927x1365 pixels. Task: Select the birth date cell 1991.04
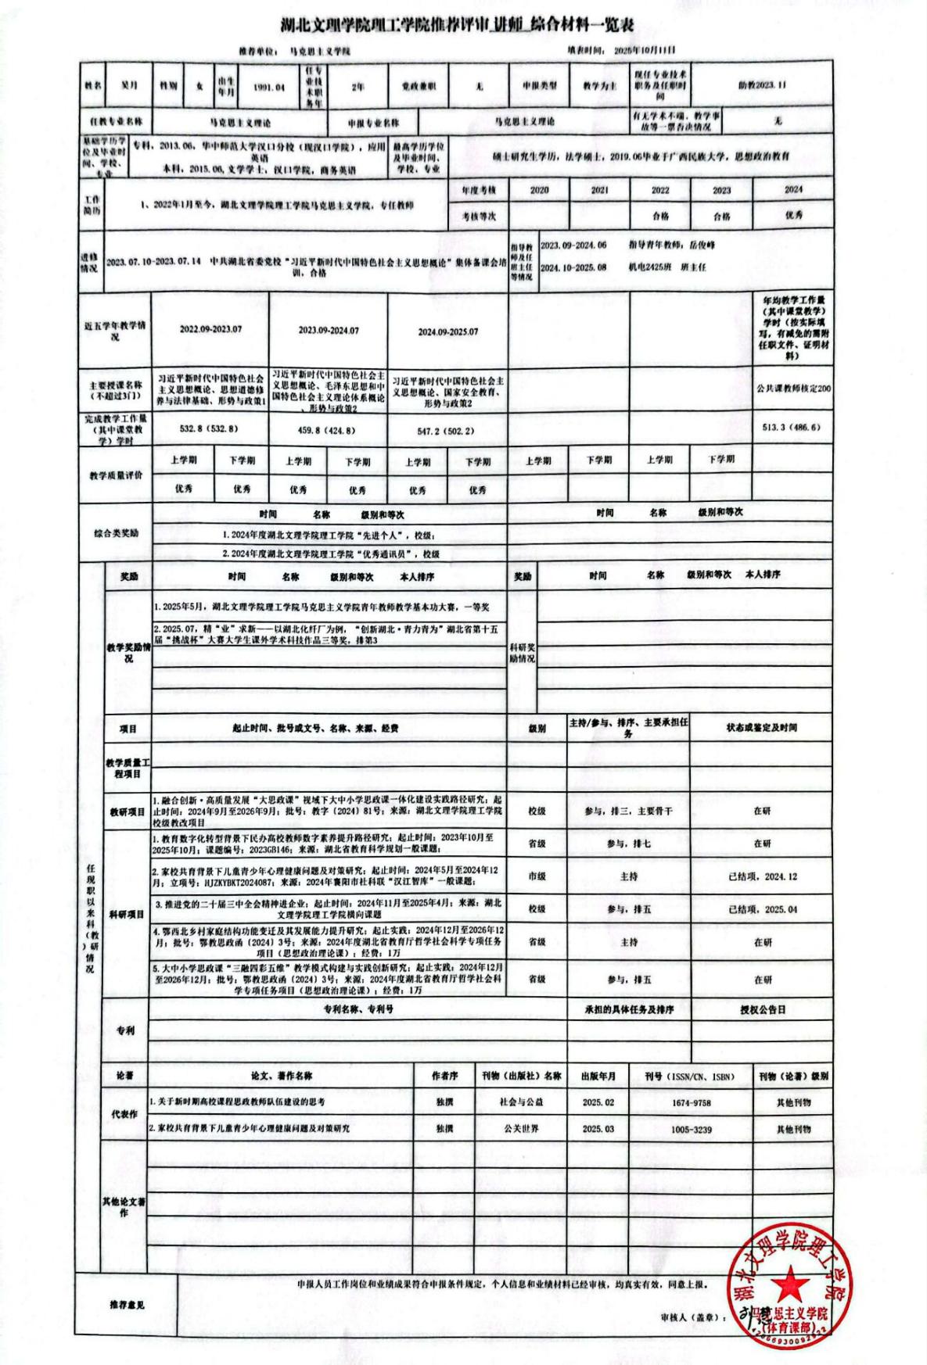point(268,87)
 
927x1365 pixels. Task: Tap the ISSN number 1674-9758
point(691,1102)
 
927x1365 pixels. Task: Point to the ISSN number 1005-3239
point(691,1130)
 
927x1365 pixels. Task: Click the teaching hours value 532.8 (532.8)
point(208,429)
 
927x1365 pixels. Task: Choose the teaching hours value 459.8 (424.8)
point(328,430)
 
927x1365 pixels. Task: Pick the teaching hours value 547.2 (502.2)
point(446,431)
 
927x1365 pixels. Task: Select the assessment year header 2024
point(792,190)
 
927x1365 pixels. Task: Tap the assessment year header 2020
point(539,190)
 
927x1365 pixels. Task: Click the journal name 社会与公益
point(521,1102)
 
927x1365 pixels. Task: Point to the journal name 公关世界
point(521,1129)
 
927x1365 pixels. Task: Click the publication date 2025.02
point(598,1102)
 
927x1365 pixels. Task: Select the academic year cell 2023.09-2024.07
point(328,331)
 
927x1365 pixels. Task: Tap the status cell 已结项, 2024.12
point(762,876)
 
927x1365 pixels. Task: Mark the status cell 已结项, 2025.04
point(762,910)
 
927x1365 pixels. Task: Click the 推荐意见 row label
point(127,1305)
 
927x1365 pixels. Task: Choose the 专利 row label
point(125,1030)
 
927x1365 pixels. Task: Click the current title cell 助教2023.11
point(761,85)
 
